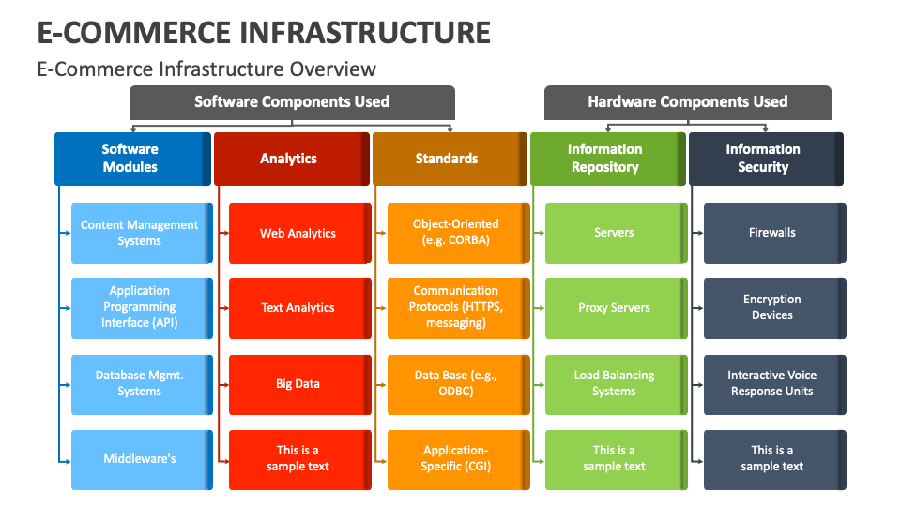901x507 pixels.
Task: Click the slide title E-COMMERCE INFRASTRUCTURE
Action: pyautogui.click(x=264, y=31)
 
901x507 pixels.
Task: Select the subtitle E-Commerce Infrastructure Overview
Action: pyautogui.click(x=206, y=69)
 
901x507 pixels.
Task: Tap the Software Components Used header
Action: pyautogui.click(x=291, y=101)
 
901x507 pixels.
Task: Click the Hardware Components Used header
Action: pyautogui.click(x=687, y=101)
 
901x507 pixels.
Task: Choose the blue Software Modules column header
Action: pyautogui.click(x=131, y=158)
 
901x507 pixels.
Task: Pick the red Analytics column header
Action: pyautogui.click(x=289, y=158)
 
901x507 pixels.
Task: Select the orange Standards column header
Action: pyautogui.click(x=448, y=158)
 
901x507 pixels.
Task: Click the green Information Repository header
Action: pyautogui.click(x=605, y=158)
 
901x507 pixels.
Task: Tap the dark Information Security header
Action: pyautogui.click(x=764, y=158)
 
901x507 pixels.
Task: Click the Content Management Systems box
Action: pyautogui.click(x=140, y=233)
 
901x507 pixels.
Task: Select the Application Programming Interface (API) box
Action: pyautogui.click(x=140, y=307)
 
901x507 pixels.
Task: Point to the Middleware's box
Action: pyautogui.click(x=140, y=459)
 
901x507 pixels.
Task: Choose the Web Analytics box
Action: pyautogui.click(x=298, y=233)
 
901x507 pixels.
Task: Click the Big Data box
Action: pyautogui.click(x=298, y=383)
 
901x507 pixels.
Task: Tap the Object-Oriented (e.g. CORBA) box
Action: pyautogui.click(x=456, y=232)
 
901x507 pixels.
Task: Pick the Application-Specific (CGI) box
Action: pyautogui.click(x=456, y=459)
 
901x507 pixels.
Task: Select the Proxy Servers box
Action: pyautogui.click(x=615, y=307)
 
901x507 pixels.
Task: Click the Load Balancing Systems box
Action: pyautogui.click(x=615, y=383)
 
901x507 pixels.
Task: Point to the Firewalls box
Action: pyautogui.click(x=772, y=232)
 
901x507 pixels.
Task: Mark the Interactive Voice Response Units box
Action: pyautogui.click(x=772, y=383)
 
